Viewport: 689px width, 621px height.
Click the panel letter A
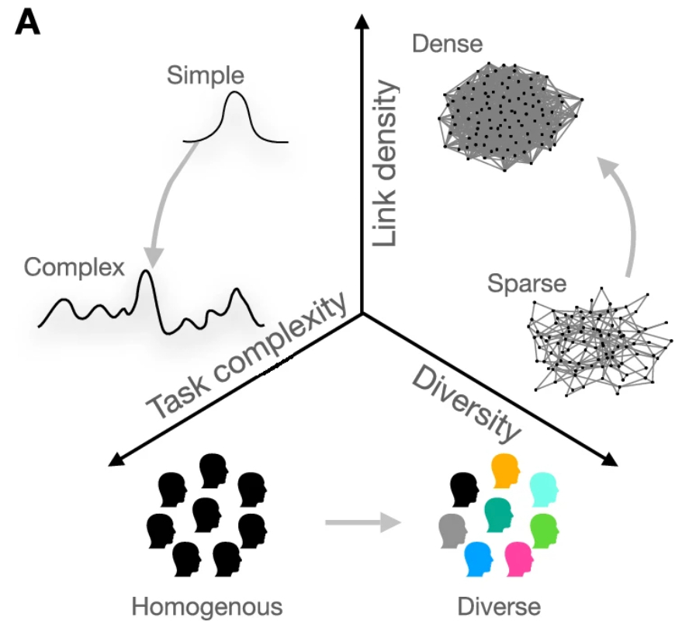click(28, 23)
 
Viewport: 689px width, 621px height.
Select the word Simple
click(205, 75)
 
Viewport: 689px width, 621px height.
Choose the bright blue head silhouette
click(478, 557)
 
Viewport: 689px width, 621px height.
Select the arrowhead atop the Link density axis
click(362, 20)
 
